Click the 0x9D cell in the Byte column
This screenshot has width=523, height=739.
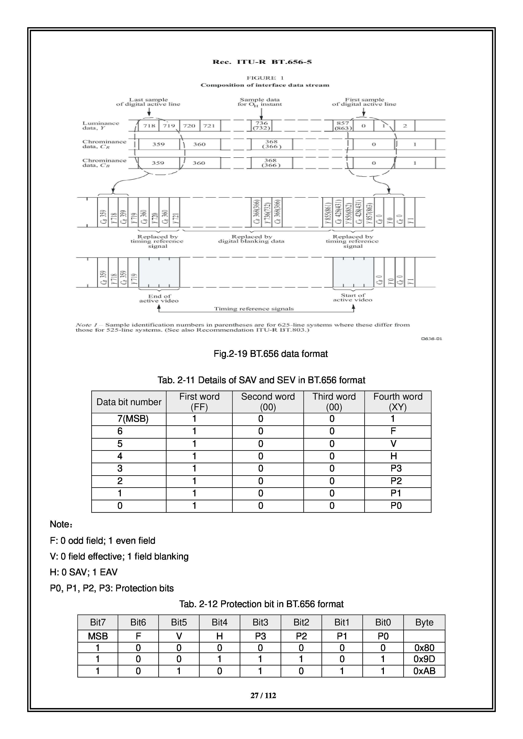424,659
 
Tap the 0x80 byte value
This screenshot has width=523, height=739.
424,648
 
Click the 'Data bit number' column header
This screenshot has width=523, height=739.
129,402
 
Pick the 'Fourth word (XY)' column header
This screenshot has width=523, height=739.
398,402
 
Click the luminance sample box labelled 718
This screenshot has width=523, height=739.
149,126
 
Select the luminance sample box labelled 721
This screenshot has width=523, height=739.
209,126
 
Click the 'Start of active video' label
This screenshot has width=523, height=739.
353,297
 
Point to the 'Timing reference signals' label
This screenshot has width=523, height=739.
254,309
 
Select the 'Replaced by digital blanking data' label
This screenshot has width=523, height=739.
251,239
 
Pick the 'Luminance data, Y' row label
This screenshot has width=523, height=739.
101,126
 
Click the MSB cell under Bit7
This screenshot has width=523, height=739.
98,636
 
